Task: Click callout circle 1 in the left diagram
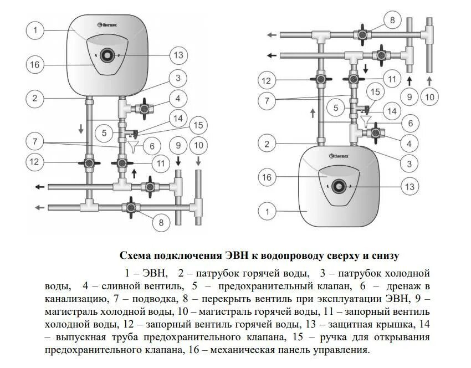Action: click(x=35, y=30)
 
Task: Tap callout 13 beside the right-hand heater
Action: click(x=409, y=187)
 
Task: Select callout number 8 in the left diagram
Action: click(x=162, y=223)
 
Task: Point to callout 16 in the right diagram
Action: click(x=267, y=177)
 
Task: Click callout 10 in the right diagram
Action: click(x=431, y=96)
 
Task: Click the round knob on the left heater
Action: click(x=106, y=56)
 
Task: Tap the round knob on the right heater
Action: click(x=337, y=186)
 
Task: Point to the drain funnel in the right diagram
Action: click(x=366, y=120)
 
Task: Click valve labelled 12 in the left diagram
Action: click(x=89, y=163)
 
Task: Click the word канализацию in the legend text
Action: click(x=72, y=299)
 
